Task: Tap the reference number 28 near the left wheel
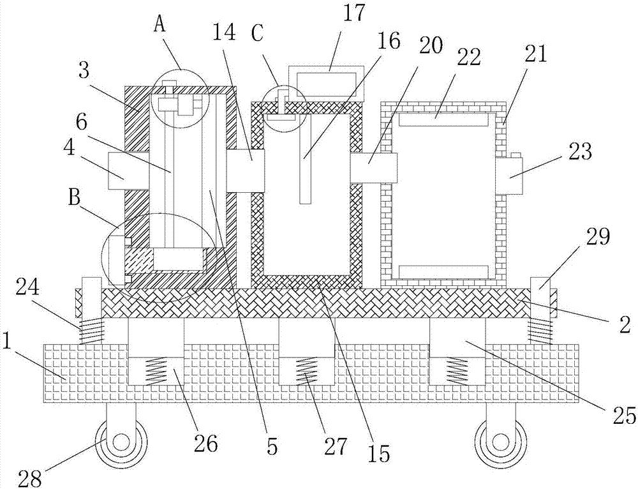tap(30, 478)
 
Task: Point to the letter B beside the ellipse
tap(73, 199)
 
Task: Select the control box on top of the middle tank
tap(325, 82)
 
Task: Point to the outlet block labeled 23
tap(508, 176)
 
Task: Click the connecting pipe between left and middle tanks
tap(245, 170)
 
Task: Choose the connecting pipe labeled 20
tap(373, 168)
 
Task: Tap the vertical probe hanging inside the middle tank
tap(305, 158)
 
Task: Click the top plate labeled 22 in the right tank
tap(443, 119)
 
